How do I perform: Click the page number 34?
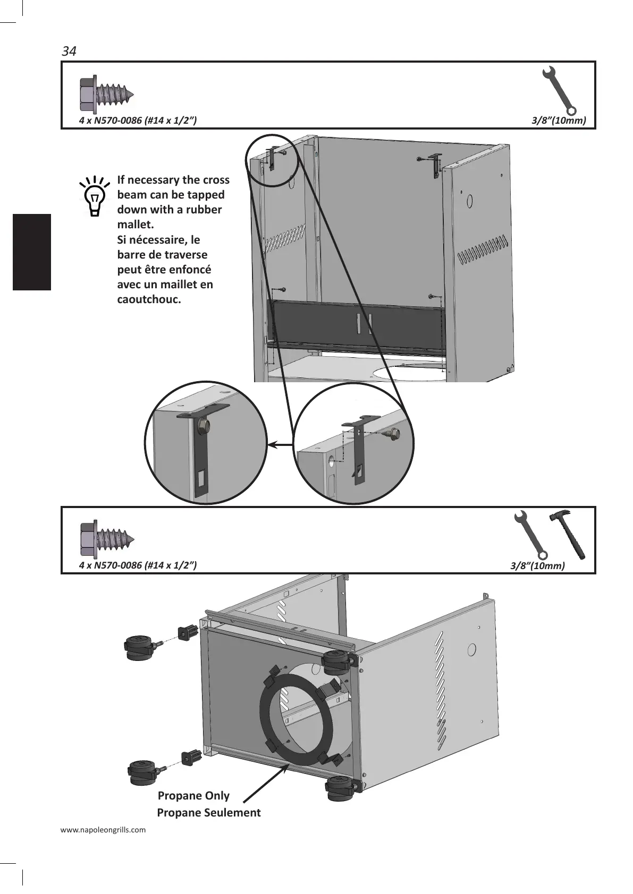pos(69,51)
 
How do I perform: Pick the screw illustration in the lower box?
pos(106,539)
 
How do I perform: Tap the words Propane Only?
pos(193,795)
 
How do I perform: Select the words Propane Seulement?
pos(209,812)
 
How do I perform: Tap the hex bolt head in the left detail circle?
pos(202,425)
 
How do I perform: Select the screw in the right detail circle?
pos(394,433)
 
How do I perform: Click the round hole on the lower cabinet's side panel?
pos(471,650)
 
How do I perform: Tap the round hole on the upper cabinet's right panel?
pos(470,202)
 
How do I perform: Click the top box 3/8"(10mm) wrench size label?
pos(559,121)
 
